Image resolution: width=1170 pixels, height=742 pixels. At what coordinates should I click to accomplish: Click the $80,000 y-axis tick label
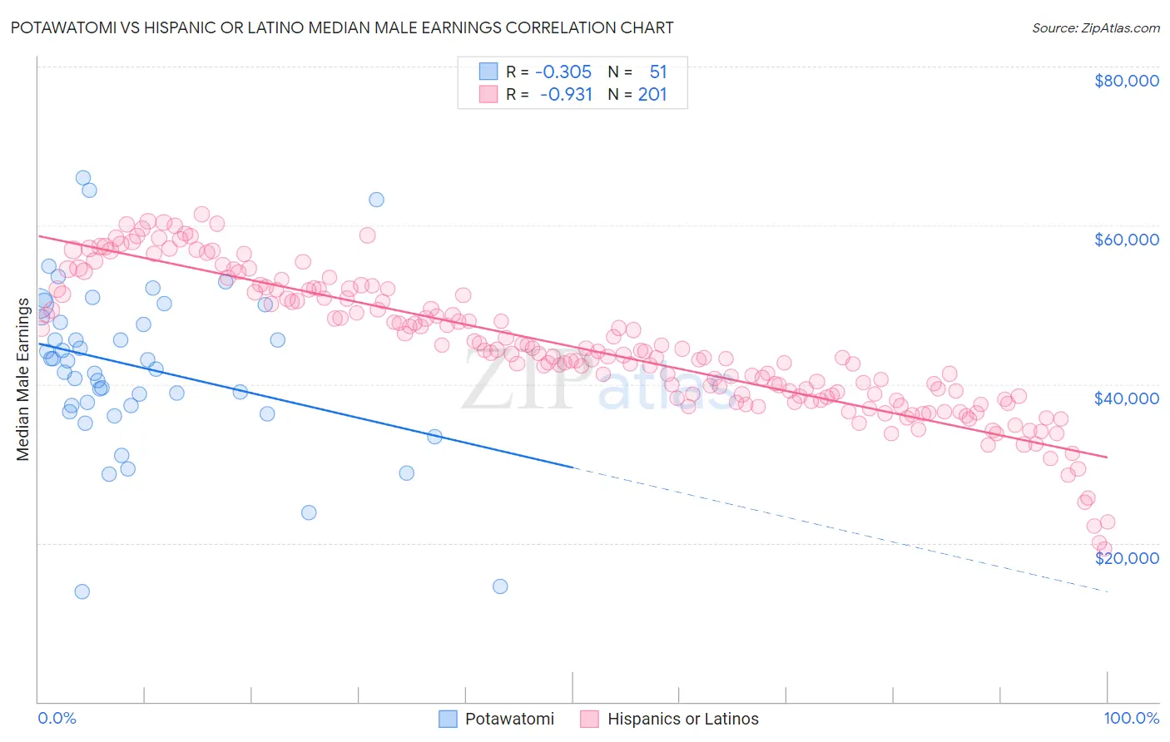coord(1126,81)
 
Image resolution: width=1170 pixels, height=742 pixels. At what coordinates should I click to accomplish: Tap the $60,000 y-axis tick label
coord(1126,240)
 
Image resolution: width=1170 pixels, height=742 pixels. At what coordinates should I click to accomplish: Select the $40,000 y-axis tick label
coord(1126,398)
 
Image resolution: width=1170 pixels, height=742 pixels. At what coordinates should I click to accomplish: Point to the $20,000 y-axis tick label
coord(1126,557)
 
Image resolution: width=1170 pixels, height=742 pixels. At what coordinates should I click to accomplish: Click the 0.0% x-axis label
coord(57,718)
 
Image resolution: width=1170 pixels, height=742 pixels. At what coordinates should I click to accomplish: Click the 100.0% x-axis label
coord(1131,718)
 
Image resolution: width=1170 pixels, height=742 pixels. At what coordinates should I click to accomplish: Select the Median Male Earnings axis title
coord(22,378)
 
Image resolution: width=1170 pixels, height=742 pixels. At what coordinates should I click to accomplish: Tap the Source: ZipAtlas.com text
coord(1095,27)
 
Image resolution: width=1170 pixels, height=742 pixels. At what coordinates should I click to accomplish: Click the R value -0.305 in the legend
coord(563,72)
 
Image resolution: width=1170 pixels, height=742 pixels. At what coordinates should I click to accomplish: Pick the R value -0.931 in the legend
coord(566,95)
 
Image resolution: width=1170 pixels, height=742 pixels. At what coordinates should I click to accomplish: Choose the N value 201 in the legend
coord(652,95)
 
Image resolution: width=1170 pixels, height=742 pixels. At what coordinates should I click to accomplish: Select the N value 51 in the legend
coord(657,72)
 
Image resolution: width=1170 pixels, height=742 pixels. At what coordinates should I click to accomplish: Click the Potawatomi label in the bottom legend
coord(509,719)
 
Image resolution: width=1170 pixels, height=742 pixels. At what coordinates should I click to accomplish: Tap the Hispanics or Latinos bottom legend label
coord(682,719)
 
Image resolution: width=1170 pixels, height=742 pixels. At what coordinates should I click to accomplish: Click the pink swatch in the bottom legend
coord(589,719)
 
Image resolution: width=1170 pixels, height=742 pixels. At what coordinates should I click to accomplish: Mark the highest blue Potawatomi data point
coord(83,177)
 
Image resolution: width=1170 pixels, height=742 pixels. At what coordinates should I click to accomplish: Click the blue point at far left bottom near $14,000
coord(82,591)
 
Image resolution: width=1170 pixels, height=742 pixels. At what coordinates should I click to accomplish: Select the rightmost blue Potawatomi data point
coord(500,586)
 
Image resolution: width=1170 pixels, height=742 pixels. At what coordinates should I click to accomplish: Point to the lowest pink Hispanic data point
coord(1104,549)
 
